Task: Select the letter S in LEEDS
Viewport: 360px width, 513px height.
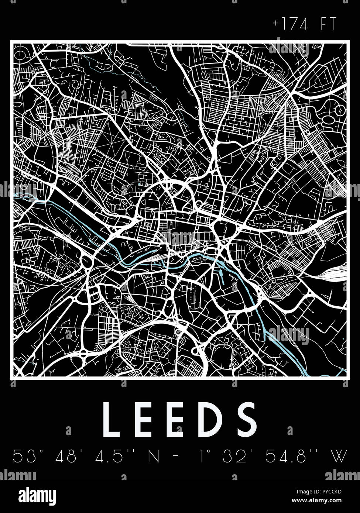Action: point(247,419)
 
